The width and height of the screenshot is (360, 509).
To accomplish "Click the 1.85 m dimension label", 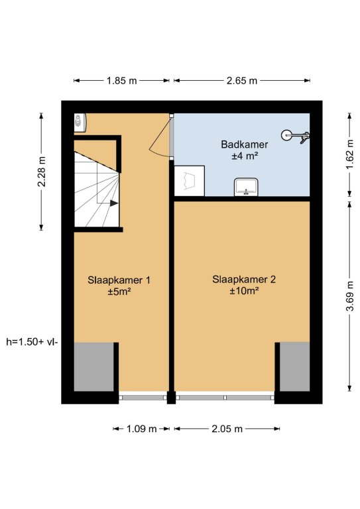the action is [122, 80].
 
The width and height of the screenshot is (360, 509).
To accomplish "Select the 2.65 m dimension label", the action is [242, 80].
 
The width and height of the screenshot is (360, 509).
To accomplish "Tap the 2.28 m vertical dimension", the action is [42, 172].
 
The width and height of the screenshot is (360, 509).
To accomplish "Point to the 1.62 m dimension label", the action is [349, 154].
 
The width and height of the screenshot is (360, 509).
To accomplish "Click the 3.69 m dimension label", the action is [349, 296].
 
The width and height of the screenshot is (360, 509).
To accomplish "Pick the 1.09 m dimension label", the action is [141, 429].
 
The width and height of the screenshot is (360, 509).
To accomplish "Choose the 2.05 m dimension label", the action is [227, 429].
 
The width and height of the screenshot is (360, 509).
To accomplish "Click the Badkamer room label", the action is [245, 144].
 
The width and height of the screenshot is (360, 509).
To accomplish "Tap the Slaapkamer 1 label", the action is [119, 280].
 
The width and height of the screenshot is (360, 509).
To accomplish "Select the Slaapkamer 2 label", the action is [244, 279].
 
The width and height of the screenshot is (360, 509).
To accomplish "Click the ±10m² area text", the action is [244, 291].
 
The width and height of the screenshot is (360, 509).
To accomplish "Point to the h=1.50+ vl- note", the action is [32, 342].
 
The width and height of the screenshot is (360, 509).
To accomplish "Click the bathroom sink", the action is [246, 187].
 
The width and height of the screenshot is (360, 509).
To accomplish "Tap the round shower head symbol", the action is [286, 135].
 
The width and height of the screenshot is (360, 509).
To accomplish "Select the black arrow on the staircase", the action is [113, 203].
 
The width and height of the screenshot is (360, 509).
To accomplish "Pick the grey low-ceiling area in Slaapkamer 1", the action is [94, 367].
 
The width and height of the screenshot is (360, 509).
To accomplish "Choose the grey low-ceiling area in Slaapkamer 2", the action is [294, 367].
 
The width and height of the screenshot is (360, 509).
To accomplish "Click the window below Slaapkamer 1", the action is [143, 397].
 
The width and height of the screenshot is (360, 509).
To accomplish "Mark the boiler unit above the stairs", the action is [80, 123].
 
